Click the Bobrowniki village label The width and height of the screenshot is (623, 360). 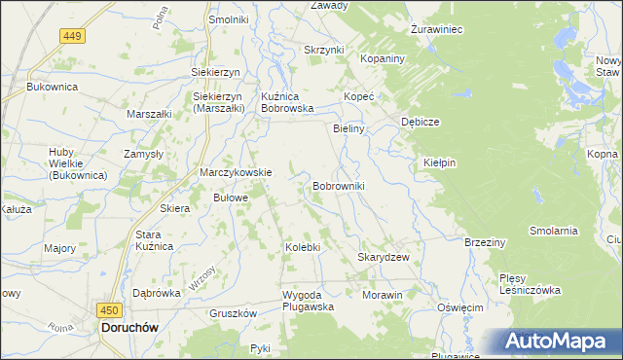coord(338,185)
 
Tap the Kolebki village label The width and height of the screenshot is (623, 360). coord(302,247)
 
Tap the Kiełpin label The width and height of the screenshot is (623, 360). coord(440,162)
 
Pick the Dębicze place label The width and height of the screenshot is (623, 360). coord(421,122)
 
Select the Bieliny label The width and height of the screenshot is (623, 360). coord(348,128)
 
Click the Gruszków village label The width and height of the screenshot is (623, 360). coord(233,313)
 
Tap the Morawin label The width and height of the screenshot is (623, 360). coord(382,295)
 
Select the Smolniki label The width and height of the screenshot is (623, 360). coord(229,18)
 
